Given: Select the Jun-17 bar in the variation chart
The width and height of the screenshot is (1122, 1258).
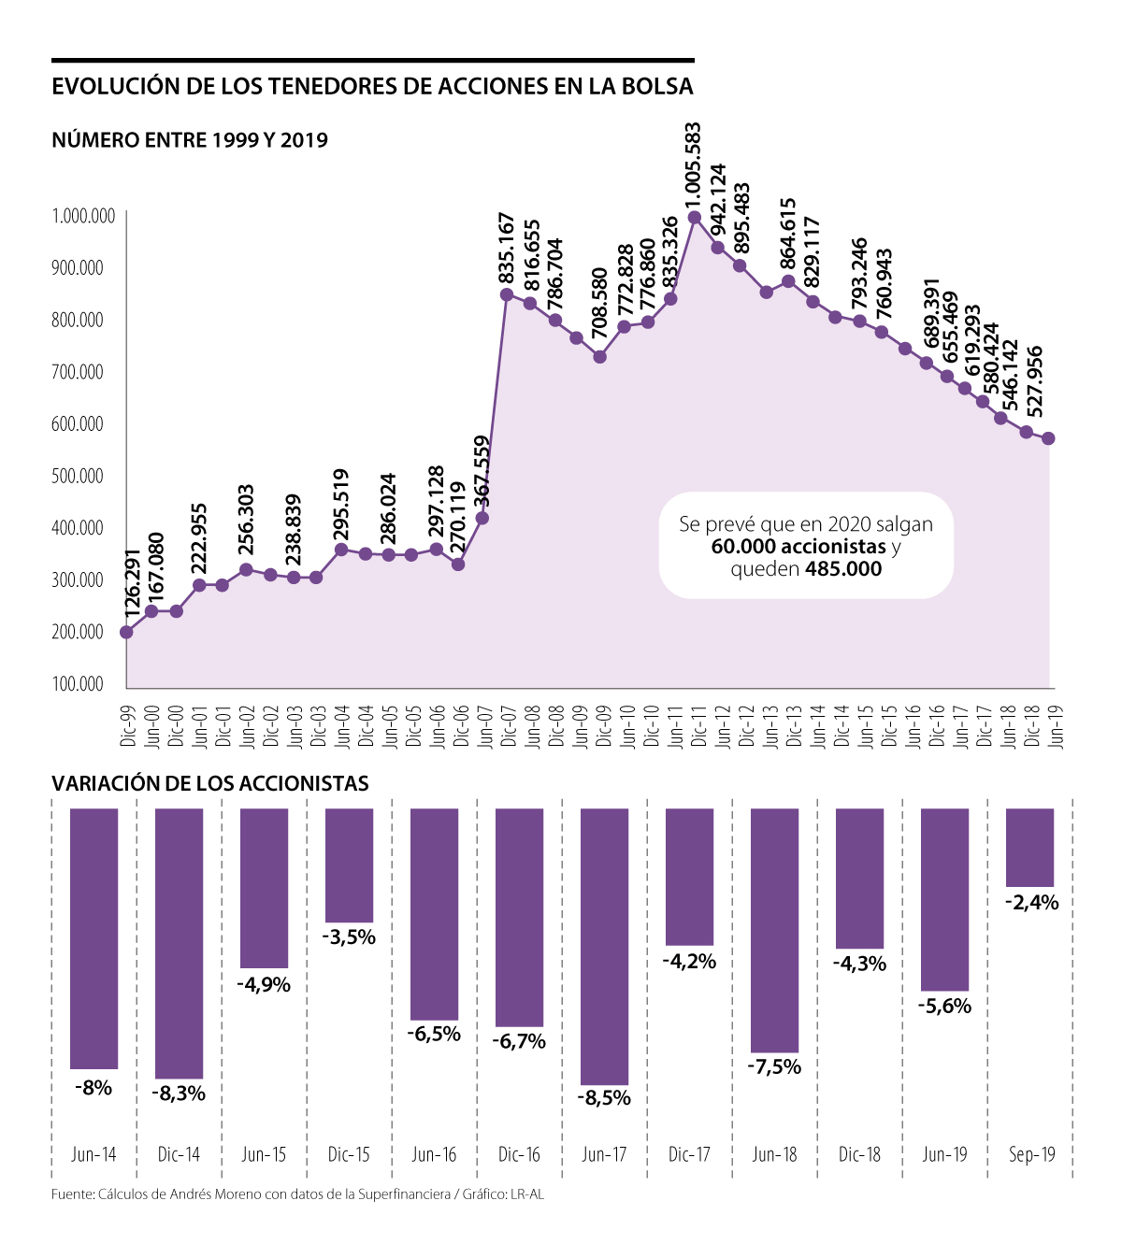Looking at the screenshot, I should [x=604, y=946].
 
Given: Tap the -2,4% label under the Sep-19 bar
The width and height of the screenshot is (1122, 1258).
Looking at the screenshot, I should [x=1031, y=903].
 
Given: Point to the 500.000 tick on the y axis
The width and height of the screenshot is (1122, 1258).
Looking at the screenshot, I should [x=78, y=476].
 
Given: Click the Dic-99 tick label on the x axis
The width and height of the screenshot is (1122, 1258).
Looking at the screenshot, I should [x=127, y=726].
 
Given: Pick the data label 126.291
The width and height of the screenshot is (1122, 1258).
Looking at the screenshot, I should [x=132, y=584].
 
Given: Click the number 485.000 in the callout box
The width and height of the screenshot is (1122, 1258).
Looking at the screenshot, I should [x=843, y=569].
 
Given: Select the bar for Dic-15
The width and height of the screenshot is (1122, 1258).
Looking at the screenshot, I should [x=349, y=865].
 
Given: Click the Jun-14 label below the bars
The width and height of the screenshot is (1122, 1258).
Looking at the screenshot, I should [x=93, y=1154].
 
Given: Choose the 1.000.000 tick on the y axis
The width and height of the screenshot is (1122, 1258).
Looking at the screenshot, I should [x=84, y=217].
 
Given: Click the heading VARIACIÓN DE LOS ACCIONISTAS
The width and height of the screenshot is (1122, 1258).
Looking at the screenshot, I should [x=210, y=783].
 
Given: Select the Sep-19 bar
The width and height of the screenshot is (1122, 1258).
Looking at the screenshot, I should [x=1029, y=847].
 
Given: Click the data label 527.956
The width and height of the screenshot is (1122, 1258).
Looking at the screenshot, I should [x=1034, y=381].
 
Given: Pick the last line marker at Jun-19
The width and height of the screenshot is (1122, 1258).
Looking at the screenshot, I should [x=1049, y=438].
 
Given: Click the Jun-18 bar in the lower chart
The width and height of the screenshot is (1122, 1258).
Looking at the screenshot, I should [x=775, y=930].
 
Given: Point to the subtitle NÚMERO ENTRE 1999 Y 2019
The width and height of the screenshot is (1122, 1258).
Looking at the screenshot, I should [x=190, y=140].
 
